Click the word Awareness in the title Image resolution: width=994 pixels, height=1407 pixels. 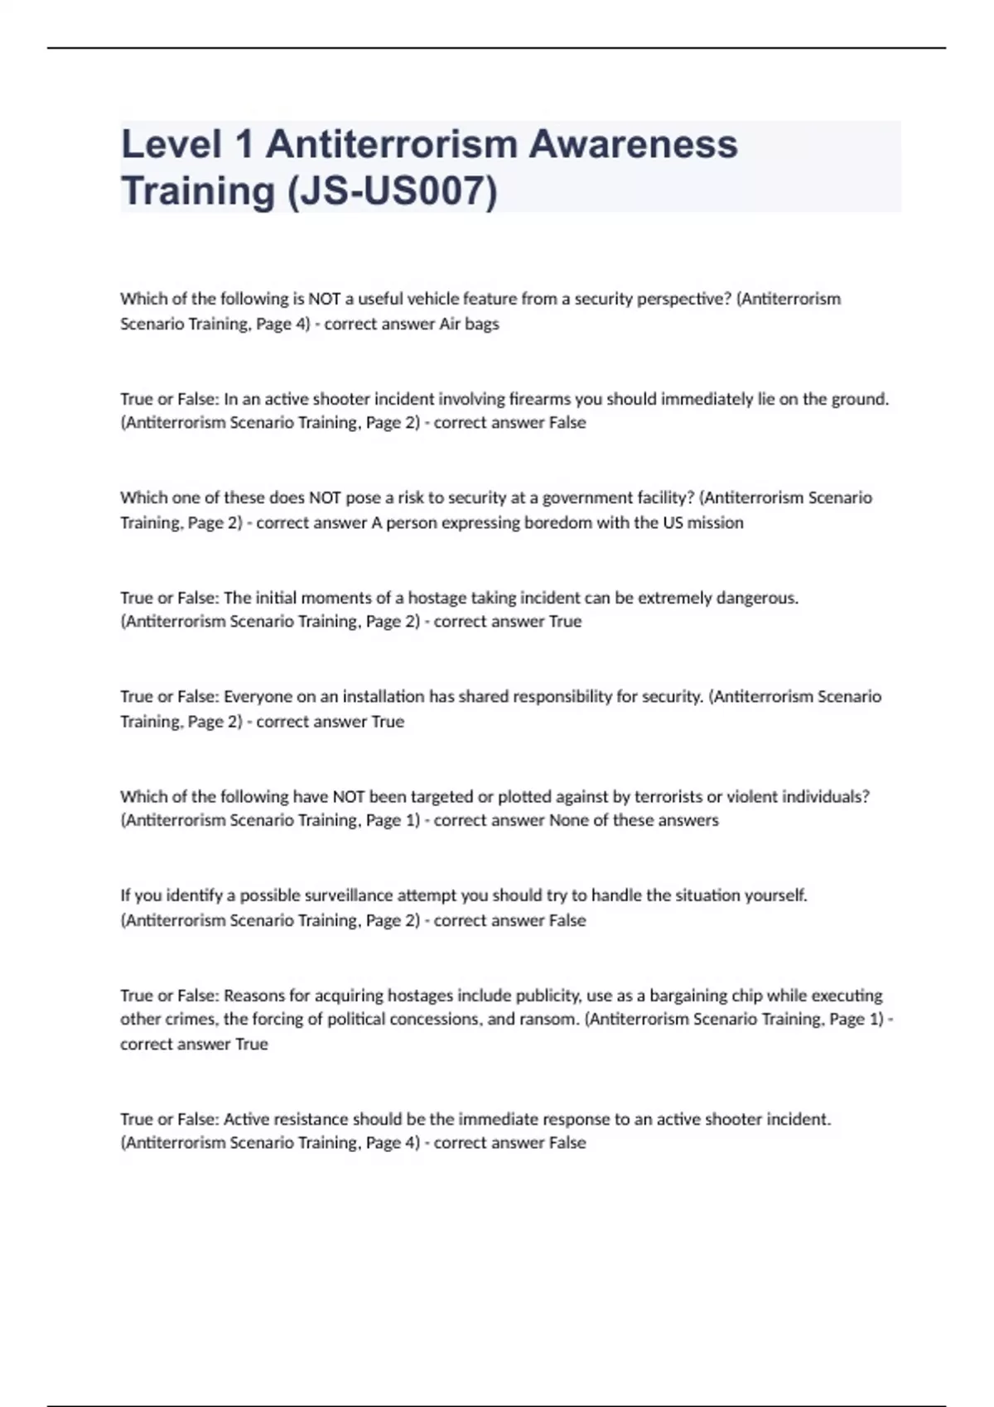[633, 144]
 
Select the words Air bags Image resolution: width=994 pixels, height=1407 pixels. [469, 324]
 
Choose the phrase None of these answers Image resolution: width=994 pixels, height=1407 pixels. [634, 820]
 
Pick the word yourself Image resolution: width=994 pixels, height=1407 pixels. [774, 895]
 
